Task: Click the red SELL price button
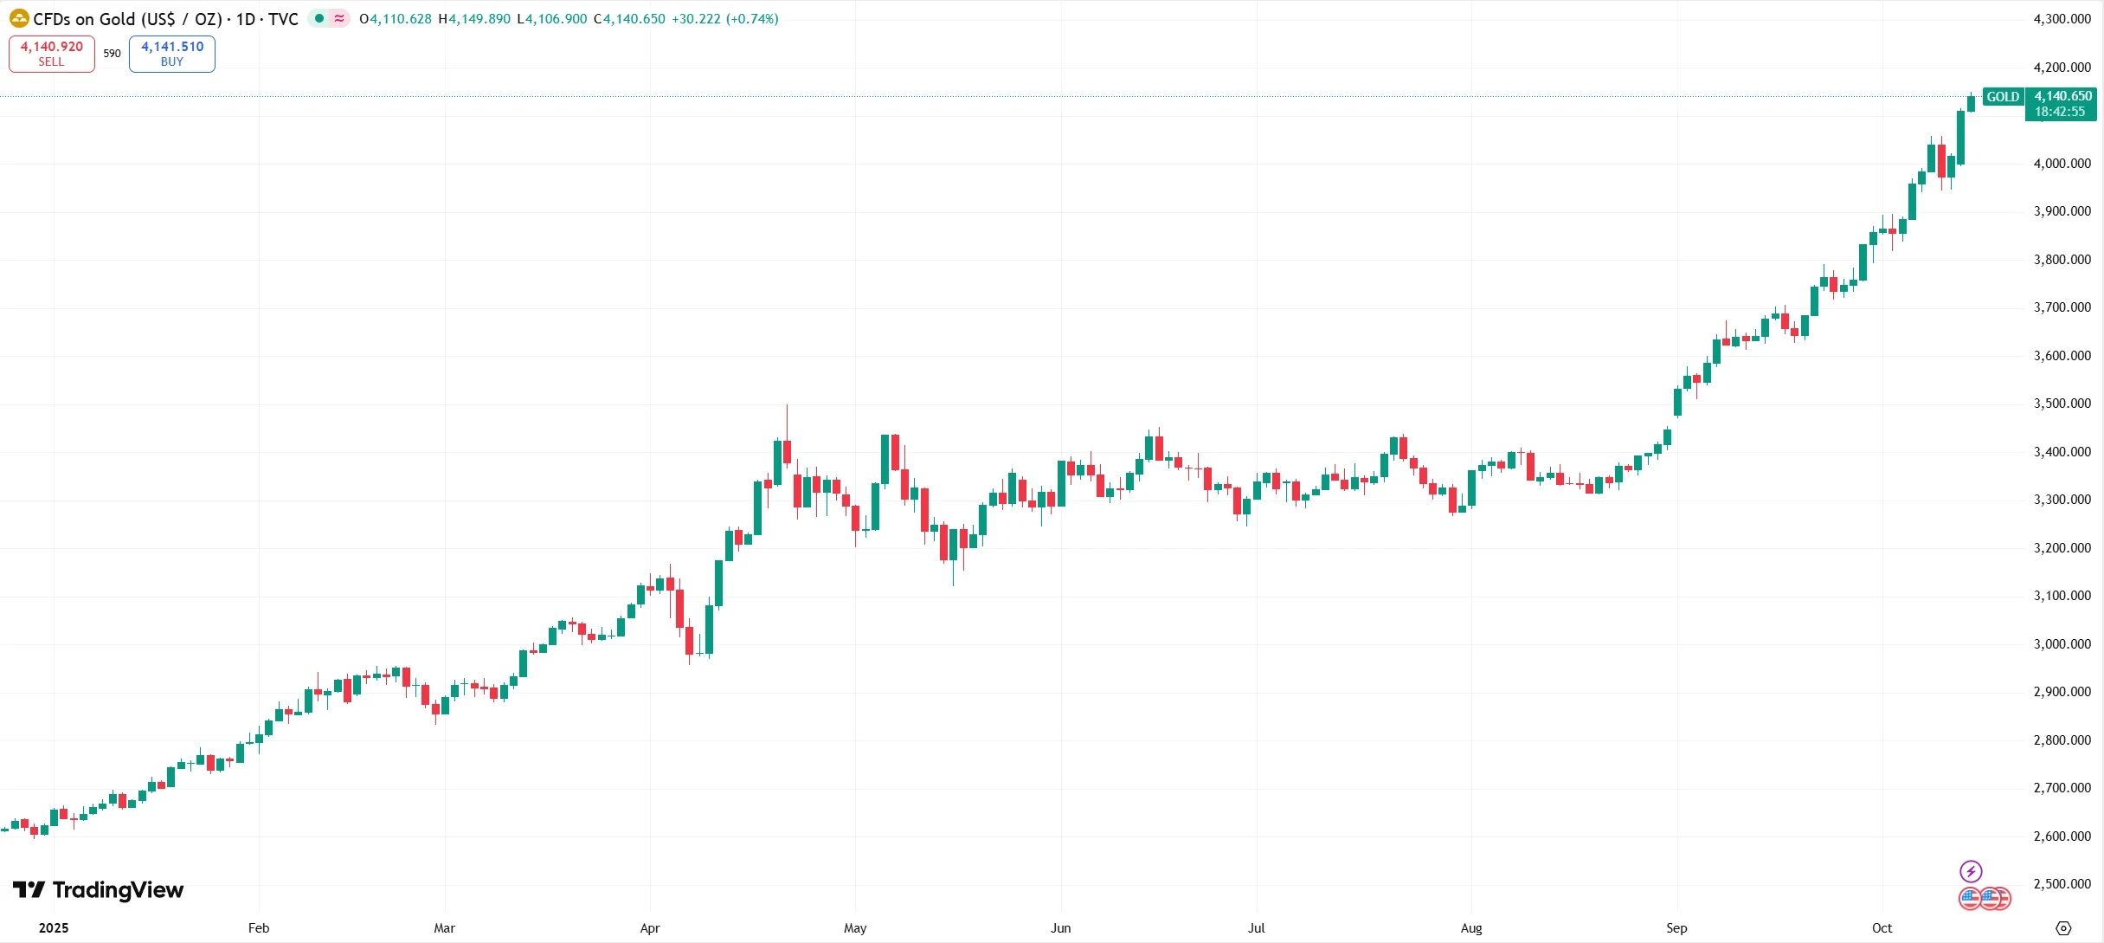52,54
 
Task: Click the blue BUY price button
172,54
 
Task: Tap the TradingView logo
98,890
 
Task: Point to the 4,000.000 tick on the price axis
2062,164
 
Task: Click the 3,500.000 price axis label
2062,404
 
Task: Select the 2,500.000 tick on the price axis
2062,884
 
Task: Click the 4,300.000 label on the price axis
2062,19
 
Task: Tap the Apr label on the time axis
650,928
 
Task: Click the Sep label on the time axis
1676,928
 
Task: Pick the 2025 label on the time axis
54,928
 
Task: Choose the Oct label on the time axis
1882,928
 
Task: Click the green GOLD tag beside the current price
2003,97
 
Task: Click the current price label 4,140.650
2062,97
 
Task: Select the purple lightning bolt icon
1971,871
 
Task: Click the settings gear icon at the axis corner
2063,928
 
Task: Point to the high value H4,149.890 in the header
474,19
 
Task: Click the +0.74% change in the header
752,19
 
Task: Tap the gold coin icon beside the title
19,18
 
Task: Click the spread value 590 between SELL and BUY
113,54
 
